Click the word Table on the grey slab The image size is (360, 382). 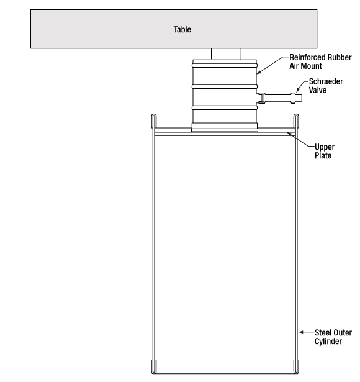pyautogui.click(x=182, y=29)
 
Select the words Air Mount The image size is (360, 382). pyautogui.click(x=305, y=66)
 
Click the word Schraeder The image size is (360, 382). pyautogui.click(x=326, y=81)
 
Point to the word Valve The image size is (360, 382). pyautogui.click(x=318, y=90)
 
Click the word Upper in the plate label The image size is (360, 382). pyautogui.click(x=325, y=147)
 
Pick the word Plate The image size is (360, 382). pyautogui.click(x=323, y=156)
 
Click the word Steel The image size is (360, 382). pyautogui.click(x=322, y=332)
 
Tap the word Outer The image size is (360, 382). pyautogui.click(x=342, y=332)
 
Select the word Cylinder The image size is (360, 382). pyautogui.click(x=328, y=341)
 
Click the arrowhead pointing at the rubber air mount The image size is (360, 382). pyautogui.click(x=259, y=72)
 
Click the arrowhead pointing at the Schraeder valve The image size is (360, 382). pyautogui.click(x=298, y=90)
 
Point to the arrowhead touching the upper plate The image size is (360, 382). pyautogui.click(x=289, y=134)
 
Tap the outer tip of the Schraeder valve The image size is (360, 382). pyautogui.click(x=302, y=98)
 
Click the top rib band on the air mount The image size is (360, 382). pyautogui.click(x=225, y=66)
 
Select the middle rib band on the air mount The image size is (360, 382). pyautogui.click(x=225, y=86)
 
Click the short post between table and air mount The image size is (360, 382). pyautogui.click(x=226, y=54)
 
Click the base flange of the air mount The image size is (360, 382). pyautogui.click(x=225, y=127)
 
